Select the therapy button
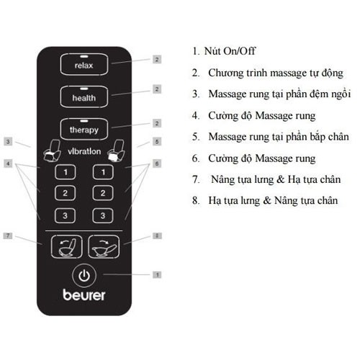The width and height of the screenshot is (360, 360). pos(89,128)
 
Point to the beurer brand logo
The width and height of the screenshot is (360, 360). pos(85,297)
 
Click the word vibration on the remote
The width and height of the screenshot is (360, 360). pos(85,153)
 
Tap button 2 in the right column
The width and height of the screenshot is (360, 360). pos(104,193)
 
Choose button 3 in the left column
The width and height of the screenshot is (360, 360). pos(65,215)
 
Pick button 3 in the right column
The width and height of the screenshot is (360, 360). pos(104,215)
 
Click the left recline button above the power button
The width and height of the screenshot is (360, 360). pos(66,248)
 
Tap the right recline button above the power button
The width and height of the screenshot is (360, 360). pos(104,248)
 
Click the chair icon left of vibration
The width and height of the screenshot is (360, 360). pos(53,152)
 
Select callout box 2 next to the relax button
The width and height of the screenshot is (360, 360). pos(156,59)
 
